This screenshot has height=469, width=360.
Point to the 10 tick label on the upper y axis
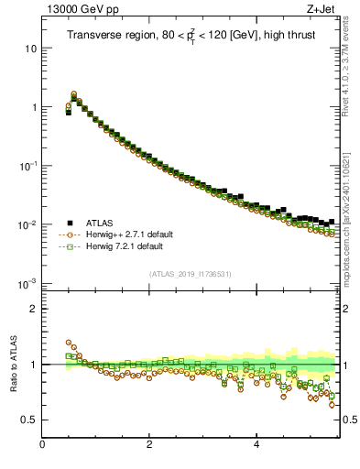coord(29,48)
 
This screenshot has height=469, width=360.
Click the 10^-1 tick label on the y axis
coord(27,166)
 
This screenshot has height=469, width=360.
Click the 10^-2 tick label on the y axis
coord(27,224)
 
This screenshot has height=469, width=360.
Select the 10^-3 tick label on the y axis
coord(27,283)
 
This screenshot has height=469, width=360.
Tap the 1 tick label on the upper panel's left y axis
coord(33,107)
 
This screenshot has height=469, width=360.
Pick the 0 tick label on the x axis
coord(42,445)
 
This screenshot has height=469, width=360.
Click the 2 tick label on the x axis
coord(149,445)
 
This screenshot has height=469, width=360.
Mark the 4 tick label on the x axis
coord(256,445)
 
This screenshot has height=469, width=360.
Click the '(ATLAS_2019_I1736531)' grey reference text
coord(191,274)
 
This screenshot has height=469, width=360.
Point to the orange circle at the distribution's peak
coord(73,93)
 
